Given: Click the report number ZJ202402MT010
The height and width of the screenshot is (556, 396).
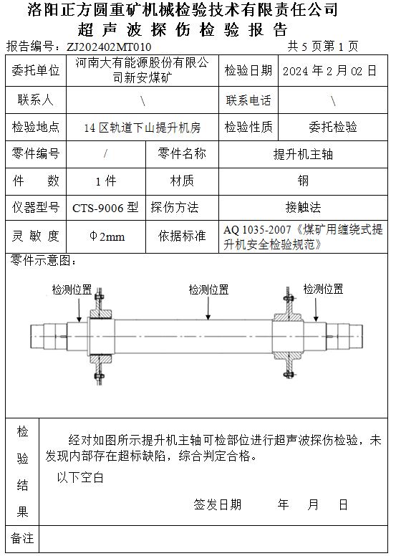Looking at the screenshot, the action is (x=109, y=47).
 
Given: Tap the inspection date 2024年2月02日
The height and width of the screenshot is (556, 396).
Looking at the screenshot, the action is (x=329, y=71).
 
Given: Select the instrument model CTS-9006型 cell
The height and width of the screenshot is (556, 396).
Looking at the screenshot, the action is (x=105, y=208).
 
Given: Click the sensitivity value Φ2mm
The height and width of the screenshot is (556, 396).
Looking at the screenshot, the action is (x=107, y=236).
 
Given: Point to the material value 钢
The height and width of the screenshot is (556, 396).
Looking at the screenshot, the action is (x=303, y=181).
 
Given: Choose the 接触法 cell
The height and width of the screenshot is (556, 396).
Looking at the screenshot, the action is (x=303, y=208).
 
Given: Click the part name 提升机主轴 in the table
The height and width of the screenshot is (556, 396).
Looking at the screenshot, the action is (x=303, y=154).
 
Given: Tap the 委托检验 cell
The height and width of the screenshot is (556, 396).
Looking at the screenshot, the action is (x=332, y=127).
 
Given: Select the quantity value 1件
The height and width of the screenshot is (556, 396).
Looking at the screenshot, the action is (x=106, y=181).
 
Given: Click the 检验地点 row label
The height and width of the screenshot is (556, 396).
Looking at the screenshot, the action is (x=36, y=127).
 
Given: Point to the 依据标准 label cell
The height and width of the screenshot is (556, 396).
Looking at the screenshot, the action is (x=182, y=236).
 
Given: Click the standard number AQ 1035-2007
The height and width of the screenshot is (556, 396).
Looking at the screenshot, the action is (x=257, y=230).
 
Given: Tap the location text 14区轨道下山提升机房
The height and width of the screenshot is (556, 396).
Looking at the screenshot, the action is (x=143, y=128).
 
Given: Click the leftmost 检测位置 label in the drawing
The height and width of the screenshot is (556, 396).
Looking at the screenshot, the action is (x=72, y=289).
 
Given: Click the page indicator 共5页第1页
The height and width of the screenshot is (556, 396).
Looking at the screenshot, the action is (x=323, y=47).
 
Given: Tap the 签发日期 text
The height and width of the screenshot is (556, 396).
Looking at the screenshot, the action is (x=217, y=504).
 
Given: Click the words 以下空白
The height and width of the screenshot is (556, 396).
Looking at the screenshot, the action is (x=80, y=477).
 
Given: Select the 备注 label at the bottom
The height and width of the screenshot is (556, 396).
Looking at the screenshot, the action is (x=22, y=538).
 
